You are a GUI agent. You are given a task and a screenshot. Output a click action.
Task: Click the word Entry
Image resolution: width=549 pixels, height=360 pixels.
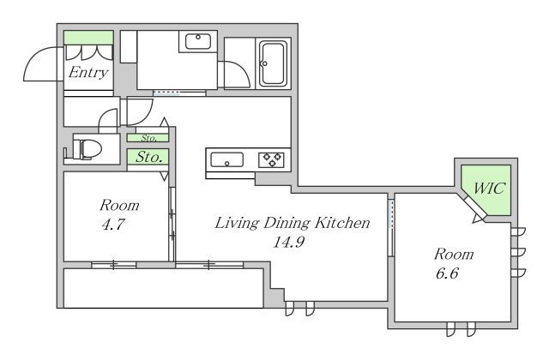click(x=88, y=73)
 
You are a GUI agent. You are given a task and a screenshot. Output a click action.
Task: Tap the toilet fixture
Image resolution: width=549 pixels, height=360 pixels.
click(x=87, y=149)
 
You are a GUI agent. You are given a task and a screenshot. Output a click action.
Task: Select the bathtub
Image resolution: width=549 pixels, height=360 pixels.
click(x=274, y=63)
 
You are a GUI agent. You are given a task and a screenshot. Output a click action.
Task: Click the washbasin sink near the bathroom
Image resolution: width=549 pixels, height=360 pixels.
click(x=198, y=41)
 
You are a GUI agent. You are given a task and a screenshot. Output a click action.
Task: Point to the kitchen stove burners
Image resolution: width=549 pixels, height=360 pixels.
click(x=272, y=159)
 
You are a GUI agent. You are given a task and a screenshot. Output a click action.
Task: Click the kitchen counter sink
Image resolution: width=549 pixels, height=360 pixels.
click(x=226, y=160)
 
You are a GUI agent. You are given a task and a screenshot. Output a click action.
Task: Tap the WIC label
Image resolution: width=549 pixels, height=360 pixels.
click(x=489, y=189)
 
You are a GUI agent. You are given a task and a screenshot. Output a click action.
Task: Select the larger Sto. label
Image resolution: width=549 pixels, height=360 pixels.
click(x=148, y=157)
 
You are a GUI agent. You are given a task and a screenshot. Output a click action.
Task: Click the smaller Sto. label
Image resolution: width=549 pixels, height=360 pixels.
click(x=149, y=138)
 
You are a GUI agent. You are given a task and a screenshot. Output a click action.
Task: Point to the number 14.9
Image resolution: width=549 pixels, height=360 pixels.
click(x=288, y=242)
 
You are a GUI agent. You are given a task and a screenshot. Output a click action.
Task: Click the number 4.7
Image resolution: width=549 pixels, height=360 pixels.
click(x=112, y=225)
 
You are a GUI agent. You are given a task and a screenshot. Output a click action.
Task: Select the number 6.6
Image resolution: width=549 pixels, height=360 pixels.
click(x=447, y=273)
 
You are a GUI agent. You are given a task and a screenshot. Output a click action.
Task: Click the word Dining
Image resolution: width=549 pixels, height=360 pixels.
click(x=287, y=223)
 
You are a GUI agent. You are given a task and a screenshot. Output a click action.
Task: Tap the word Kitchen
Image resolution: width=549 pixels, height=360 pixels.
click(x=342, y=223)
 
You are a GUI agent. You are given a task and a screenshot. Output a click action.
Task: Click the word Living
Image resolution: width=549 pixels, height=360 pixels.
click(x=237, y=223)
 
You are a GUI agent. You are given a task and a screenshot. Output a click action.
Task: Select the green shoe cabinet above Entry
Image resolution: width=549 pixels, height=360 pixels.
click(x=88, y=38)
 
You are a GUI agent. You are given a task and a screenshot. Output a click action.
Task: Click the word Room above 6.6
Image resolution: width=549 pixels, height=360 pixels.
click(x=454, y=254)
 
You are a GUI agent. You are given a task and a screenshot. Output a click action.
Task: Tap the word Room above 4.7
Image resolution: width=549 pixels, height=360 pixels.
click(x=119, y=205)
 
